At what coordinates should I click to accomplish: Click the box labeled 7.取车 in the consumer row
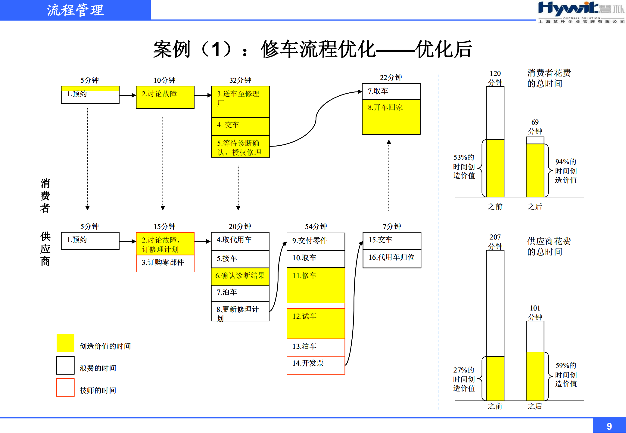point(391,91)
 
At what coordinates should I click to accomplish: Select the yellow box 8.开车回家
point(391,117)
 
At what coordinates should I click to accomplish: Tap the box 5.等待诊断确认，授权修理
point(240,147)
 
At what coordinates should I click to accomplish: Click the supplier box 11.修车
point(316,285)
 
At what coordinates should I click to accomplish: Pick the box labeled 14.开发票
point(316,364)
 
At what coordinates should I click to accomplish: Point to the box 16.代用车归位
point(391,258)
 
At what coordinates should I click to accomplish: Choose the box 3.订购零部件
point(165,263)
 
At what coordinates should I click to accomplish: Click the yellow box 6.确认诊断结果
point(240,276)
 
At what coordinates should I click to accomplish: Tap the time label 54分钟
point(316,226)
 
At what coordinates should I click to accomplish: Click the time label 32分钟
point(240,80)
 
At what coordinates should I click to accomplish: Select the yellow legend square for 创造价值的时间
point(65,343)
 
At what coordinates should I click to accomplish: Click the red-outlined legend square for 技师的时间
point(65,388)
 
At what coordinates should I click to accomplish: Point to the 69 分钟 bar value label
point(535,127)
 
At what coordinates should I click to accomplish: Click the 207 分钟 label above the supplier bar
point(495,242)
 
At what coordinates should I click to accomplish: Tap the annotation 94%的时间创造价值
point(565,171)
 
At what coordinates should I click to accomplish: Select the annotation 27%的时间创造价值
point(464,379)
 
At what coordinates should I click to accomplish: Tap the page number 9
point(609,426)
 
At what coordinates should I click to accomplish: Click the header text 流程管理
point(75,10)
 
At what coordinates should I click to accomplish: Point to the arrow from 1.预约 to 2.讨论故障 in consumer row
point(128,95)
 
